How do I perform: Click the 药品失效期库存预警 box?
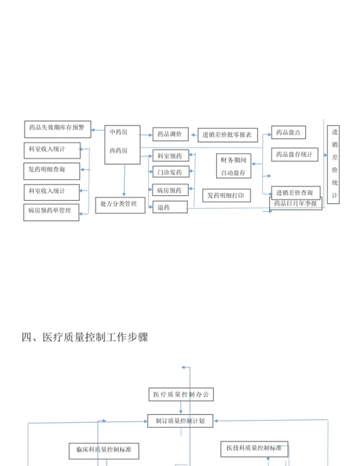[x=58, y=129]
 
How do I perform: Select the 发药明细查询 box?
[x=52, y=171]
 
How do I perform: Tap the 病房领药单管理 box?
[x=51, y=212]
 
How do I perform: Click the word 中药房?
[x=119, y=132]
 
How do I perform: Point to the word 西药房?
[x=119, y=151]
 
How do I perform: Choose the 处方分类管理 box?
[x=120, y=205]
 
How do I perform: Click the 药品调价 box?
[x=171, y=135]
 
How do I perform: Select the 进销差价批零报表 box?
[x=228, y=135]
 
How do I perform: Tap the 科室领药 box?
[x=171, y=156]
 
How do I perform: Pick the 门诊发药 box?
[x=171, y=171]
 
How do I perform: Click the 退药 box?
[x=170, y=207]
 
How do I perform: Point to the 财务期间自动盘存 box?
[x=233, y=166]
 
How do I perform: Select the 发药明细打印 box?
[x=226, y=196]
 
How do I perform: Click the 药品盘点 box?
[x=289, y=133]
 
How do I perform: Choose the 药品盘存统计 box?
[x=294, y=155]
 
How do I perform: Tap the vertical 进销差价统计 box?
[x=333, y=165]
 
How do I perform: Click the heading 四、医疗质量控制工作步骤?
[x=85, y=337]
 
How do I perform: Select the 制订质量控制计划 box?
[x=180, y=421]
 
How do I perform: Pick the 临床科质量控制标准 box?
[x=104, y=451]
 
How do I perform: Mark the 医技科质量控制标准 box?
[x=255, y=449]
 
